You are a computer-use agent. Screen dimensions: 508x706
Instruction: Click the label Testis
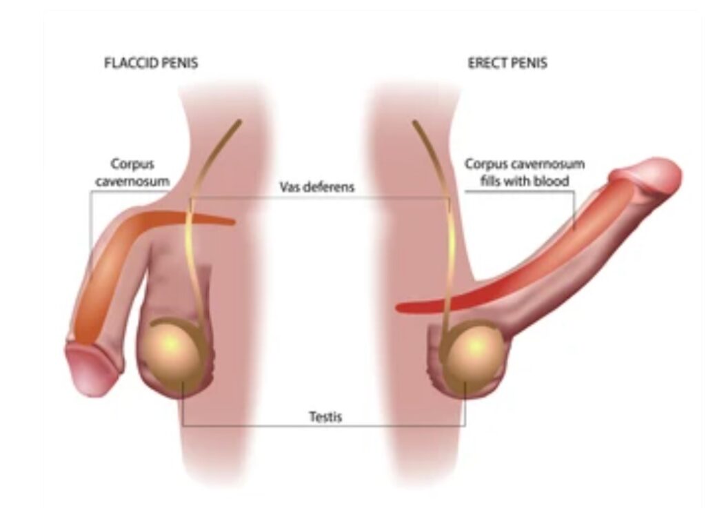point(325,418)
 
